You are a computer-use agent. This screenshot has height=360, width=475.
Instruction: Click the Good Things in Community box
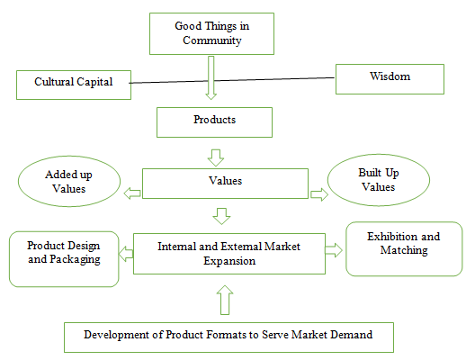click(x=211, y=33)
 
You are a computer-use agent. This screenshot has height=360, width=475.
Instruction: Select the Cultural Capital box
click(x=74, y=85)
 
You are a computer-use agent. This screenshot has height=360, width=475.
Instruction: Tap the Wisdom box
click(x=390, y=79)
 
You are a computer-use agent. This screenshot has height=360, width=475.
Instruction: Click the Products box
click(x=214, y=122)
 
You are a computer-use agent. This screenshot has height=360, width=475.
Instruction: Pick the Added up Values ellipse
click(x=69, y=181)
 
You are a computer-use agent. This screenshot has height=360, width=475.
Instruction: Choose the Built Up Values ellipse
click(x=379, y=180)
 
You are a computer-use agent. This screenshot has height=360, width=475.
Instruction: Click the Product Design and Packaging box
click(x=64, y=259)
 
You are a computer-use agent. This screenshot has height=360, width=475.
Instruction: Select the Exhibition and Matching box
click(x=404, y=248)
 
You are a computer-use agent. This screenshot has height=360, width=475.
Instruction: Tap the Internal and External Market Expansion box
click(x=229, y=254)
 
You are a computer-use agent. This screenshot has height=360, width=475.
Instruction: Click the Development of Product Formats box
click(x=229, y=337)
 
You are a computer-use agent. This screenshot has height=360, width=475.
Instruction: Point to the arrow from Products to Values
click(x=216, y=157)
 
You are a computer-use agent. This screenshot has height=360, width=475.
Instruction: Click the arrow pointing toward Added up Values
click(x=132, y=193)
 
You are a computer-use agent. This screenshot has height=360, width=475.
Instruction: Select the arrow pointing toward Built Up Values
click(x=319, y=194)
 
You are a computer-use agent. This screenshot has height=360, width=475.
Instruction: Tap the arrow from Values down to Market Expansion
click(x=221, y=216)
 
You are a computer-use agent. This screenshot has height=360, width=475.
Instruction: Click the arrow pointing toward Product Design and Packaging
click(x=126, y=254)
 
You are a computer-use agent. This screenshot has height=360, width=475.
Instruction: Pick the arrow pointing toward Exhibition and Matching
click(x=334, y=250)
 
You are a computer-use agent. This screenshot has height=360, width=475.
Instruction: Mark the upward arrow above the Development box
click(x=225, y=300)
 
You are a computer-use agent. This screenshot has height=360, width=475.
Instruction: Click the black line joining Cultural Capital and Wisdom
click(x=232, y=80)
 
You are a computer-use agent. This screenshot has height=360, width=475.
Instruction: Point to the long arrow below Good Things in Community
click(x=211, y=78)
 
